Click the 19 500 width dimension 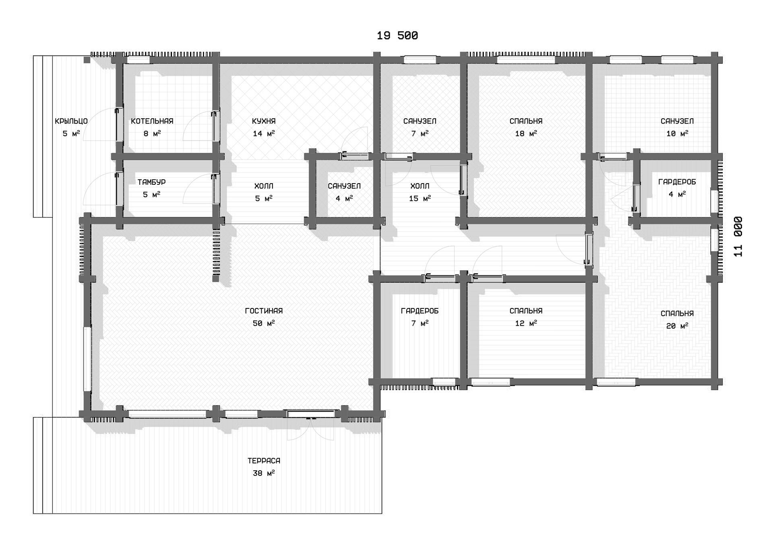tap(397, 36)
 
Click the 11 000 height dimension tap(738, 237)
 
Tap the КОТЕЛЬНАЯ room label tap(152, 121)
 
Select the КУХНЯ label tap(264, 121)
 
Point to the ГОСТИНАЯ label tap(264, 311)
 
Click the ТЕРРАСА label tap(264, 461)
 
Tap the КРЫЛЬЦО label tap(71, 121)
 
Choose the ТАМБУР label tap(151, 182)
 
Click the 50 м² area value tap(264, 323)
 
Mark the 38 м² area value tap(264, 473)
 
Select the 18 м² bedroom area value tap(526, 133)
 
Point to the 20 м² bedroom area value tap(677, 326)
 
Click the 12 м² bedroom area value tap(526, 323)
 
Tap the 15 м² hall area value tap(420, 198)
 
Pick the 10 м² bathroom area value tap(677, 133)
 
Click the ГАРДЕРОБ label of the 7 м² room tap(420, 311)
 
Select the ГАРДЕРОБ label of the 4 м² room tap(677, 182)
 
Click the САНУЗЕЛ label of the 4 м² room tap(344, 186)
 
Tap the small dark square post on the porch tap(87, 60)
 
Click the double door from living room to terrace tap(310, 414)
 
